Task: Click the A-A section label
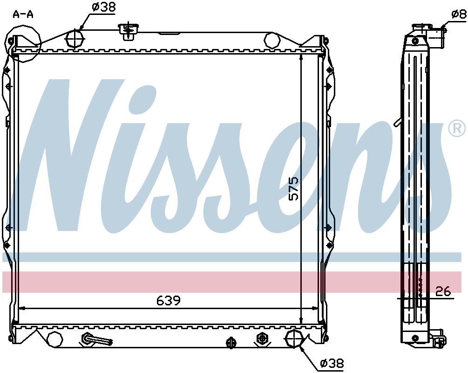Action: click(x=23, y=14)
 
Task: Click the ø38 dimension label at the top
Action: click(x=103, y=7)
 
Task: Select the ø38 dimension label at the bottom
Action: click(x=332, y=363)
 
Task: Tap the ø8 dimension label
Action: click(x=458, y=14)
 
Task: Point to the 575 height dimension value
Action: click(x=293, y=188)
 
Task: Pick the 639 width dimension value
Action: click(x=169, y=300)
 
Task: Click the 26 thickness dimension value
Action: click(x=443, y=291)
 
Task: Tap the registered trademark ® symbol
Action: click(x=457, y=129)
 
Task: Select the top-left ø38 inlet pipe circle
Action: click(x=75, y=39)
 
